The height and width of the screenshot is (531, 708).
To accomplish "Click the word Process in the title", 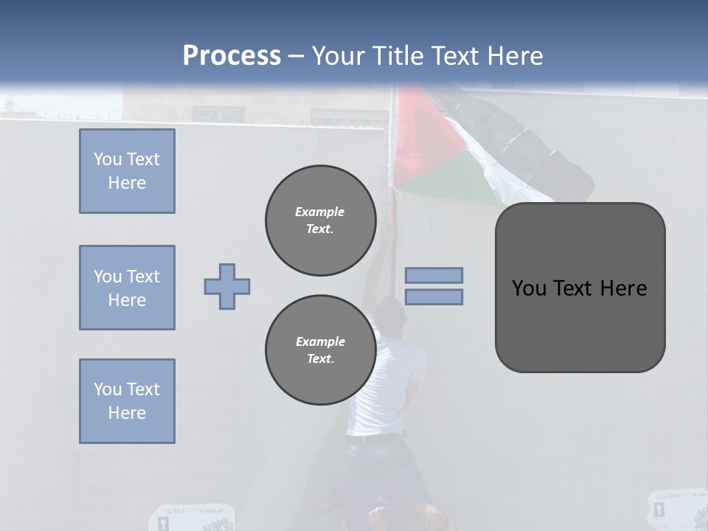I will pos(232,55).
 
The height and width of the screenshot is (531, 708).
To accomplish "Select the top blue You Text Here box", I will pos(127,171).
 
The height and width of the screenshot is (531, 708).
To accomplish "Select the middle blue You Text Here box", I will pos(127,288).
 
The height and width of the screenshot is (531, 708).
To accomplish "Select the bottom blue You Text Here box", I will pos(127,401).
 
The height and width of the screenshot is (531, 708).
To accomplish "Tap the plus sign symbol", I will pos(227,286).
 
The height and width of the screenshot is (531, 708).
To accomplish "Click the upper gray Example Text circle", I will pos(320,220).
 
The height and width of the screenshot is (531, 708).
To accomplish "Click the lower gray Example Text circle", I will pos(320,350).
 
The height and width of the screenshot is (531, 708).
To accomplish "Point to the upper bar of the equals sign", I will pos(434,275).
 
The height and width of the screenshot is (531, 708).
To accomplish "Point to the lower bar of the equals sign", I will pos(434,296).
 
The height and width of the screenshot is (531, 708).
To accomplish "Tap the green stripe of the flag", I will pos(457,181).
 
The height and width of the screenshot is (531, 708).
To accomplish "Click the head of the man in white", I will pos(392,313).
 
